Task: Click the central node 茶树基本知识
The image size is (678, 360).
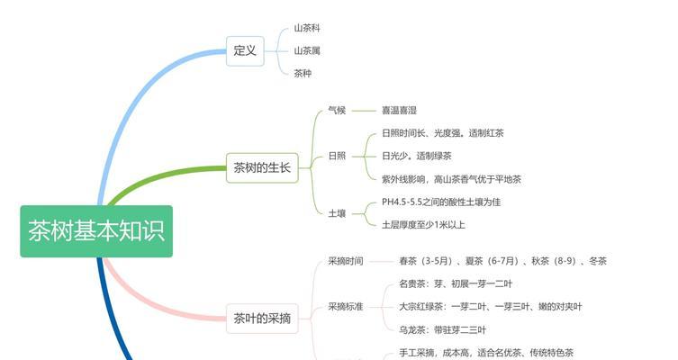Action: point(96,231)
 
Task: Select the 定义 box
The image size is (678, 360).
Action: point(245,51)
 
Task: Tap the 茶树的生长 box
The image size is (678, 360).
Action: point(262,167)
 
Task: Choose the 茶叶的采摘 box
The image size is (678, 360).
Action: point(262,319)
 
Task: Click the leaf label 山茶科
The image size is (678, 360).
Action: point(307,28)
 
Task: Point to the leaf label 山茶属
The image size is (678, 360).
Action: point(307,51)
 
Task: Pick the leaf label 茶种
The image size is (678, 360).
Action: point(303,74)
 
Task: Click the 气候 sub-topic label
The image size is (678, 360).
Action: point(337,110)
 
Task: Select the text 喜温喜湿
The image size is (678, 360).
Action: point(399,110)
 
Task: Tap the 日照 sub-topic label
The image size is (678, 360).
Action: point(337,156)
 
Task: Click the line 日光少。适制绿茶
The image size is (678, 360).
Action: point(416,156)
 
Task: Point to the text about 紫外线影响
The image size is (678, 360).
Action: point(451,179)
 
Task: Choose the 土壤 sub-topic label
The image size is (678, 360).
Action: point(337,213)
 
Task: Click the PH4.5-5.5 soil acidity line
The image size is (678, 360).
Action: point(441,202)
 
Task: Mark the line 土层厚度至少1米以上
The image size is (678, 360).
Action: point(423,225)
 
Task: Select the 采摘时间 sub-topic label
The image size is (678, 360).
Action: point(346,261)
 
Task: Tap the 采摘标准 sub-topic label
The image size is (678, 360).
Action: point(346,307)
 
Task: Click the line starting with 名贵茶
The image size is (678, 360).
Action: point(456,283)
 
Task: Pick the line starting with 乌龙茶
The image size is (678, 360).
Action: point(442,330)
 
